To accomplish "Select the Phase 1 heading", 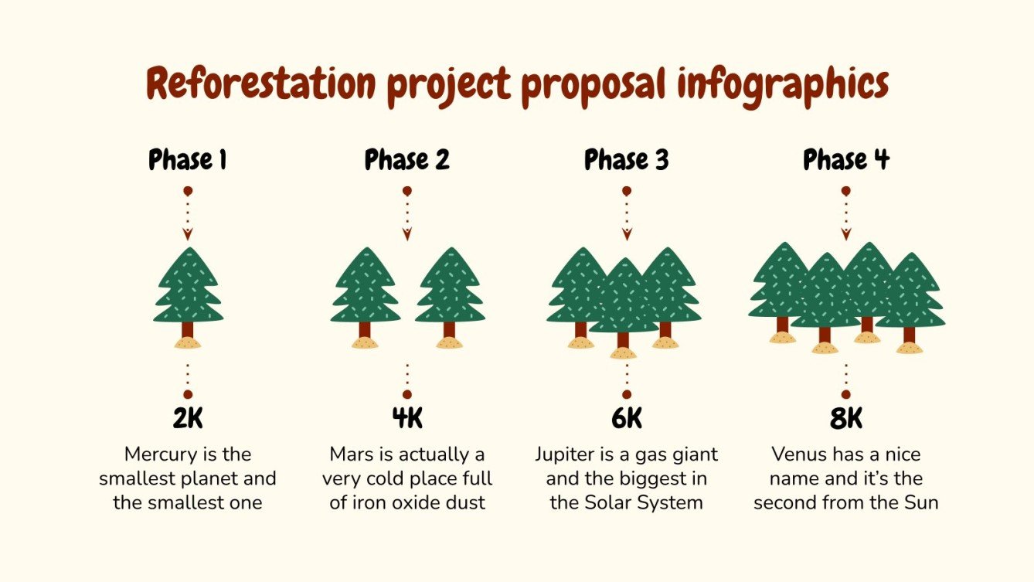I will tap(188, 160).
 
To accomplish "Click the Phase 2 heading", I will tap(407, 160).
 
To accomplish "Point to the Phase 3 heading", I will tap(627, 160).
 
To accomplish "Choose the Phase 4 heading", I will tap(846, 160).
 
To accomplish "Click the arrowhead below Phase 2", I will tap(407, 234).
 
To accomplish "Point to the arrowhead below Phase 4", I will tap(846, 234).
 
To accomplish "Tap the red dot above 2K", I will tap(188, 394).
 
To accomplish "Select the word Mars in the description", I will tap(350, 454).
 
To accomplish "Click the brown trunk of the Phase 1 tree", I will tap(188, 330).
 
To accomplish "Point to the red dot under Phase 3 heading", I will tap(627, 190).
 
